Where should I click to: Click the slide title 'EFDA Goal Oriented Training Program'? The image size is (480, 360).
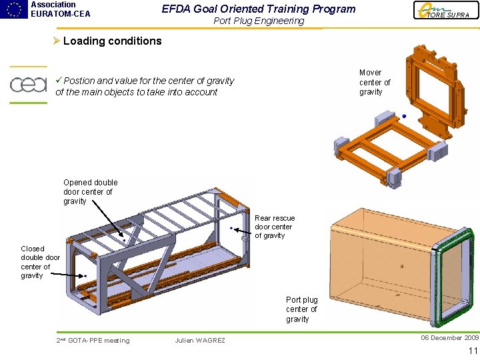pos(259,9)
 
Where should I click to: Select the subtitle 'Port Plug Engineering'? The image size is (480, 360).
pos(259,21)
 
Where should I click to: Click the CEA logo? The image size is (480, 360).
pos(28,85)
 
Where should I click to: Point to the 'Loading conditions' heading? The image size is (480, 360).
pos(112,41)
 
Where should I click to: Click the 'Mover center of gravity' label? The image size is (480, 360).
pos(375,82)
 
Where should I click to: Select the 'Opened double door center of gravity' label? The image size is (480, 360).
pos(90,191)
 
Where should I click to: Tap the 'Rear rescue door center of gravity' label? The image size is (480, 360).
pos(274,227)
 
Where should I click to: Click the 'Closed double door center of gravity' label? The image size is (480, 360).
pos(40,262)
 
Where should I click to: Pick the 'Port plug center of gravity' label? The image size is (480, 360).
pos(301,309)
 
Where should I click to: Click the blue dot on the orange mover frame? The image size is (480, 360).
pos(404,116)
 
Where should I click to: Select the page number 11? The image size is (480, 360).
pos(473,351)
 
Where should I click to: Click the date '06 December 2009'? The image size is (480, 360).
pos(449,337)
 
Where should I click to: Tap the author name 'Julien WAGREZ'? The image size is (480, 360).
pos(200,341)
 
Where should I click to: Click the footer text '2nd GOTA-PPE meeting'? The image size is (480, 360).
pos(93,341)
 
